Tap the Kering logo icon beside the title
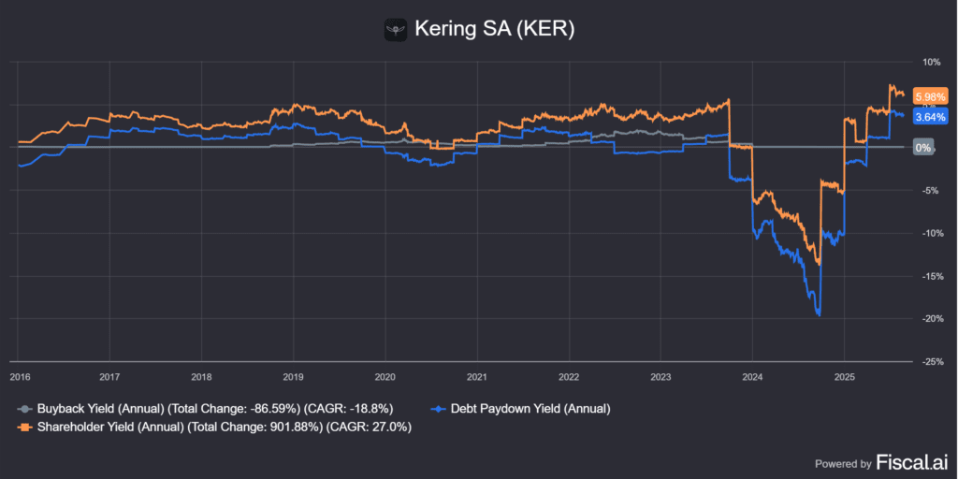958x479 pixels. click(396, 29)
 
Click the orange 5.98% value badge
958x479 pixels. click(931, 97)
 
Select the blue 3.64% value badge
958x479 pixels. click(931, 117)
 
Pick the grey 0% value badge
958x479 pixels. click(922, 148)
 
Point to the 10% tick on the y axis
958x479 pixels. click(932, 63)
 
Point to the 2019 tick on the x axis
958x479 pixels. click(293, 377)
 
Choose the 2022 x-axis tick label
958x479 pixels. click(568, 377)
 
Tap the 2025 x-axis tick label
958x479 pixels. click(844, 377)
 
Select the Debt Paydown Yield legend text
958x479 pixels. click(530, 409)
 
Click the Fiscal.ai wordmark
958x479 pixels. click(912, 462)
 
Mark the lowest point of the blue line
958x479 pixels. click(820, 315)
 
